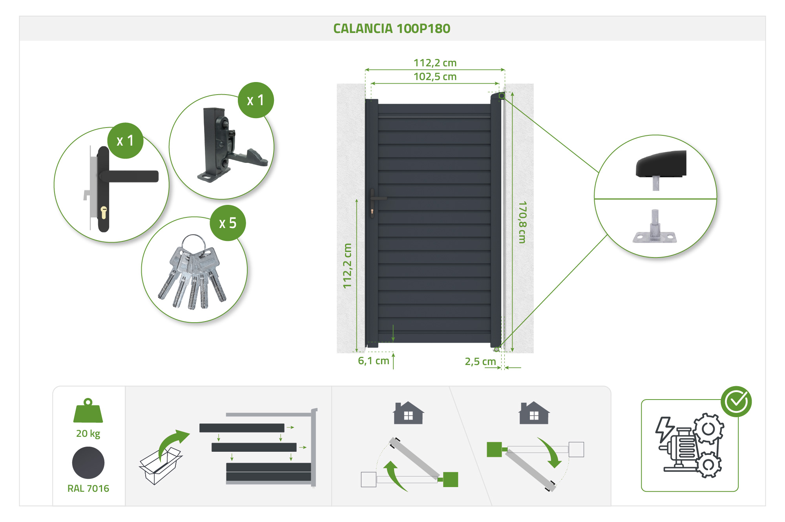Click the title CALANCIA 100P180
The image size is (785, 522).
click(x=392, y=29)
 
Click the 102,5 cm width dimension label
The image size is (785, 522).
click(x=435, y=77)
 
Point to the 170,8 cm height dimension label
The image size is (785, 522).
click(x=522, y=222)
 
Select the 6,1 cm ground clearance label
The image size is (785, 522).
click(x=373, y=361)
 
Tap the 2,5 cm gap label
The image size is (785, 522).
click(x=480, y=361)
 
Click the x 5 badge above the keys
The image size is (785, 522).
click(x=228, y=223)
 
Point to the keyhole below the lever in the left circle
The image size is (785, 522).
click(x=104, y=212)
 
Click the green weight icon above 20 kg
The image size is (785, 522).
click(x=88, y=411)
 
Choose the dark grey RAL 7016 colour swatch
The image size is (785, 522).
click(x=88, y=463)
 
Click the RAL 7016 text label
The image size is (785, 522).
click(x=88, y=488)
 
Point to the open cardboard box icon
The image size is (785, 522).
click(x=159, y=467)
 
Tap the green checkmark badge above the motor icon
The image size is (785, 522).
click(x=736, y=401)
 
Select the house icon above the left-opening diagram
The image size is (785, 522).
click(x=408, y=413)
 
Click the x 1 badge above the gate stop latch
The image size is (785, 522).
click(x=256, y=100)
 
